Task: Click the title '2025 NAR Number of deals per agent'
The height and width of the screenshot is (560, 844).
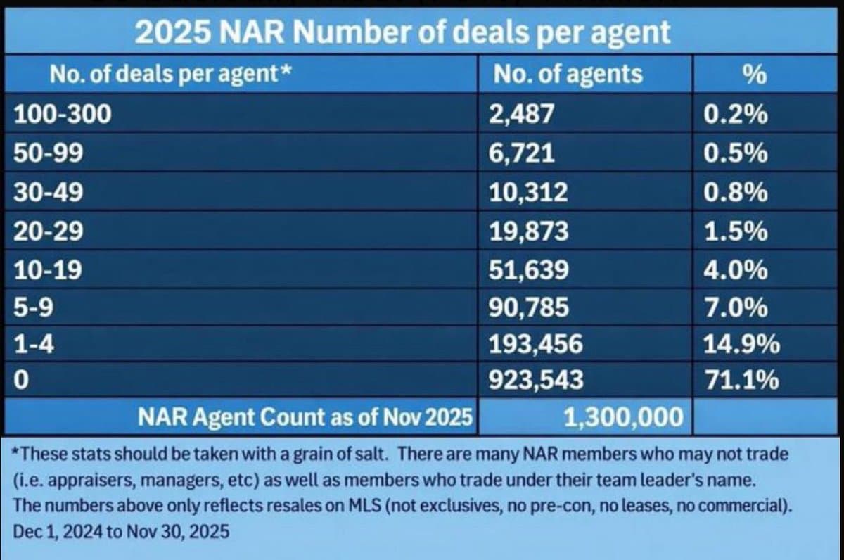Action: click(x=402, y=33)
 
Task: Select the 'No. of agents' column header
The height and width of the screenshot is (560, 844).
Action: click(x=568, y=73)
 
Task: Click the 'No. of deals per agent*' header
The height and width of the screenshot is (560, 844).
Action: click(x=171, y=73)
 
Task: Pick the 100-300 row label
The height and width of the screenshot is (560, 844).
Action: click(x=63, y=115)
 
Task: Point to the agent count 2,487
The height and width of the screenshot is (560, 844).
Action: click(x=522, y=115)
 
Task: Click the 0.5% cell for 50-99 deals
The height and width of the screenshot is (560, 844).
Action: click(x=735, y=153)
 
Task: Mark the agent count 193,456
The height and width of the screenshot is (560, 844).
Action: click(x=536, y=344)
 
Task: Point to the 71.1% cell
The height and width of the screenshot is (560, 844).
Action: click(x=741, y=381)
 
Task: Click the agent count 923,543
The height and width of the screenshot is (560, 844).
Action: click(x=536, y=381)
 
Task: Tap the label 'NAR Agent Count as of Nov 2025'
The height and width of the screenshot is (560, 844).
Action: click(x=304, y=418)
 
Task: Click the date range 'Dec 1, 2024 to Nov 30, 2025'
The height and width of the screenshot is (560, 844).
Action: click(x=122, y=532)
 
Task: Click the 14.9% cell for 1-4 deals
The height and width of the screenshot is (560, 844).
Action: click(x=741, y=344)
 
